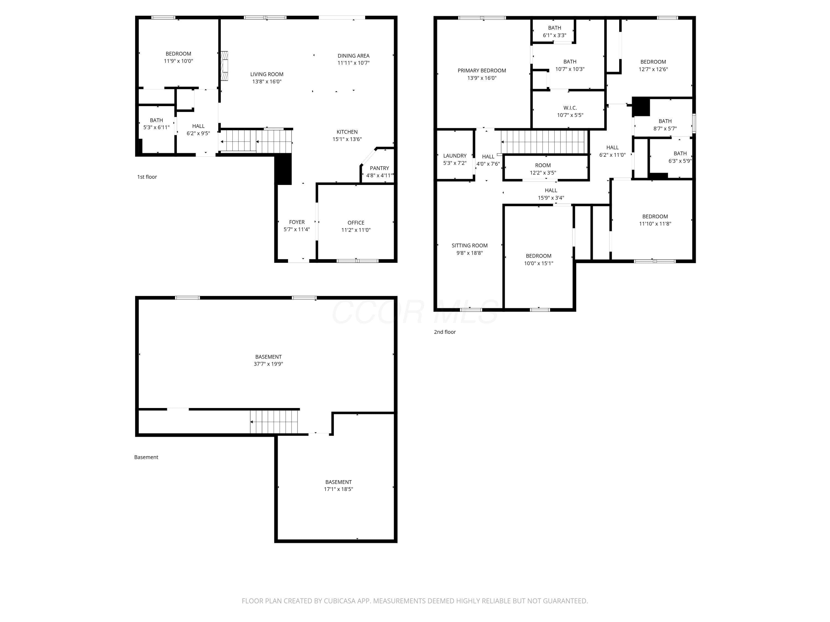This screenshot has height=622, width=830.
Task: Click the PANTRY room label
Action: coord(379,168)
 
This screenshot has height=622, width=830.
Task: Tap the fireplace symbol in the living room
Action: coord(224,66)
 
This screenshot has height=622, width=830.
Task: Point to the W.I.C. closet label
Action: coord(570,108)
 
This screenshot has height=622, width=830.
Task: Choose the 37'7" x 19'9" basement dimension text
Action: coord(268,364)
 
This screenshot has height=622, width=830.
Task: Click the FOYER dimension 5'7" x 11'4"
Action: coord(297,229)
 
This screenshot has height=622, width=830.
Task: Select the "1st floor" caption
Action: coord(147,177)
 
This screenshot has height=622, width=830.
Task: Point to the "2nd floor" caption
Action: coord(445,332)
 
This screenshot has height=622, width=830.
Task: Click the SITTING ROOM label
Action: coord(470,245)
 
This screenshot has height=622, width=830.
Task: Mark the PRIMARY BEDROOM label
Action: coord(482,70)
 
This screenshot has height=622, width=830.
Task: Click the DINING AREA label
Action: coord(354,56)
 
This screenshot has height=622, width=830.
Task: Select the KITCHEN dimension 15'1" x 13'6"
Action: coord(347,139)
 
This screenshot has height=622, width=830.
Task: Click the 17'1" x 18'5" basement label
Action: coord(338,489)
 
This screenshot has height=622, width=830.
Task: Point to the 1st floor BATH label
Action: coord(157,120)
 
